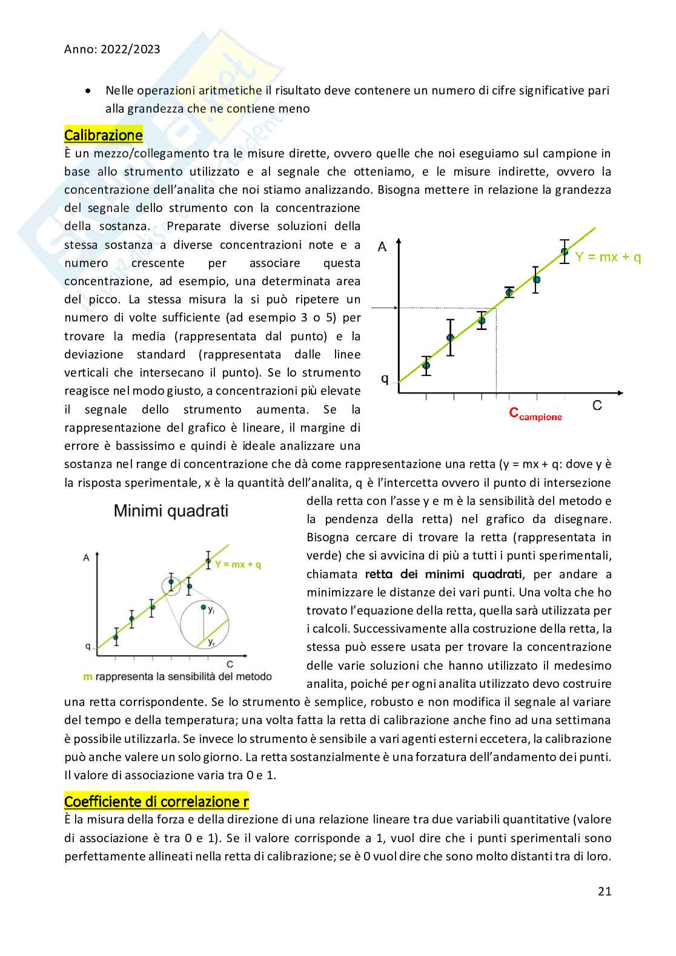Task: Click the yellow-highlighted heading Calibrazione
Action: tap(103, 135)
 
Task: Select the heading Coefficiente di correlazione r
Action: tap(156, 802)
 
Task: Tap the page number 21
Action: tap(604, 891)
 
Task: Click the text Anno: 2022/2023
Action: tap(112, 49)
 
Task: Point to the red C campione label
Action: tap(535, 414)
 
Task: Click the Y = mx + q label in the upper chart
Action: tap(608, 257)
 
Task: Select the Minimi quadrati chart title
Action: tap(171, 511)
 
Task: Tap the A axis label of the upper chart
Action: tap(382, 246)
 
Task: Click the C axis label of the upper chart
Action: tap(597, 405)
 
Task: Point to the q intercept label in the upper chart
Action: tap(384, 379)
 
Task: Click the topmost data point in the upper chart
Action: tap(565, 251)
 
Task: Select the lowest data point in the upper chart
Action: tap(426, 365)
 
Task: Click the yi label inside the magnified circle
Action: tap(211, 610)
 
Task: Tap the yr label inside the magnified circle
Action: tap(211, 642)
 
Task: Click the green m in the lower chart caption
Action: tap(87, 676)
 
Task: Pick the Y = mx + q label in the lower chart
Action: tap(238, 564)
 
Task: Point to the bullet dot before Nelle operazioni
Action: tap(88, 91)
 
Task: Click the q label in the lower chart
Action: tap(88, 647)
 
